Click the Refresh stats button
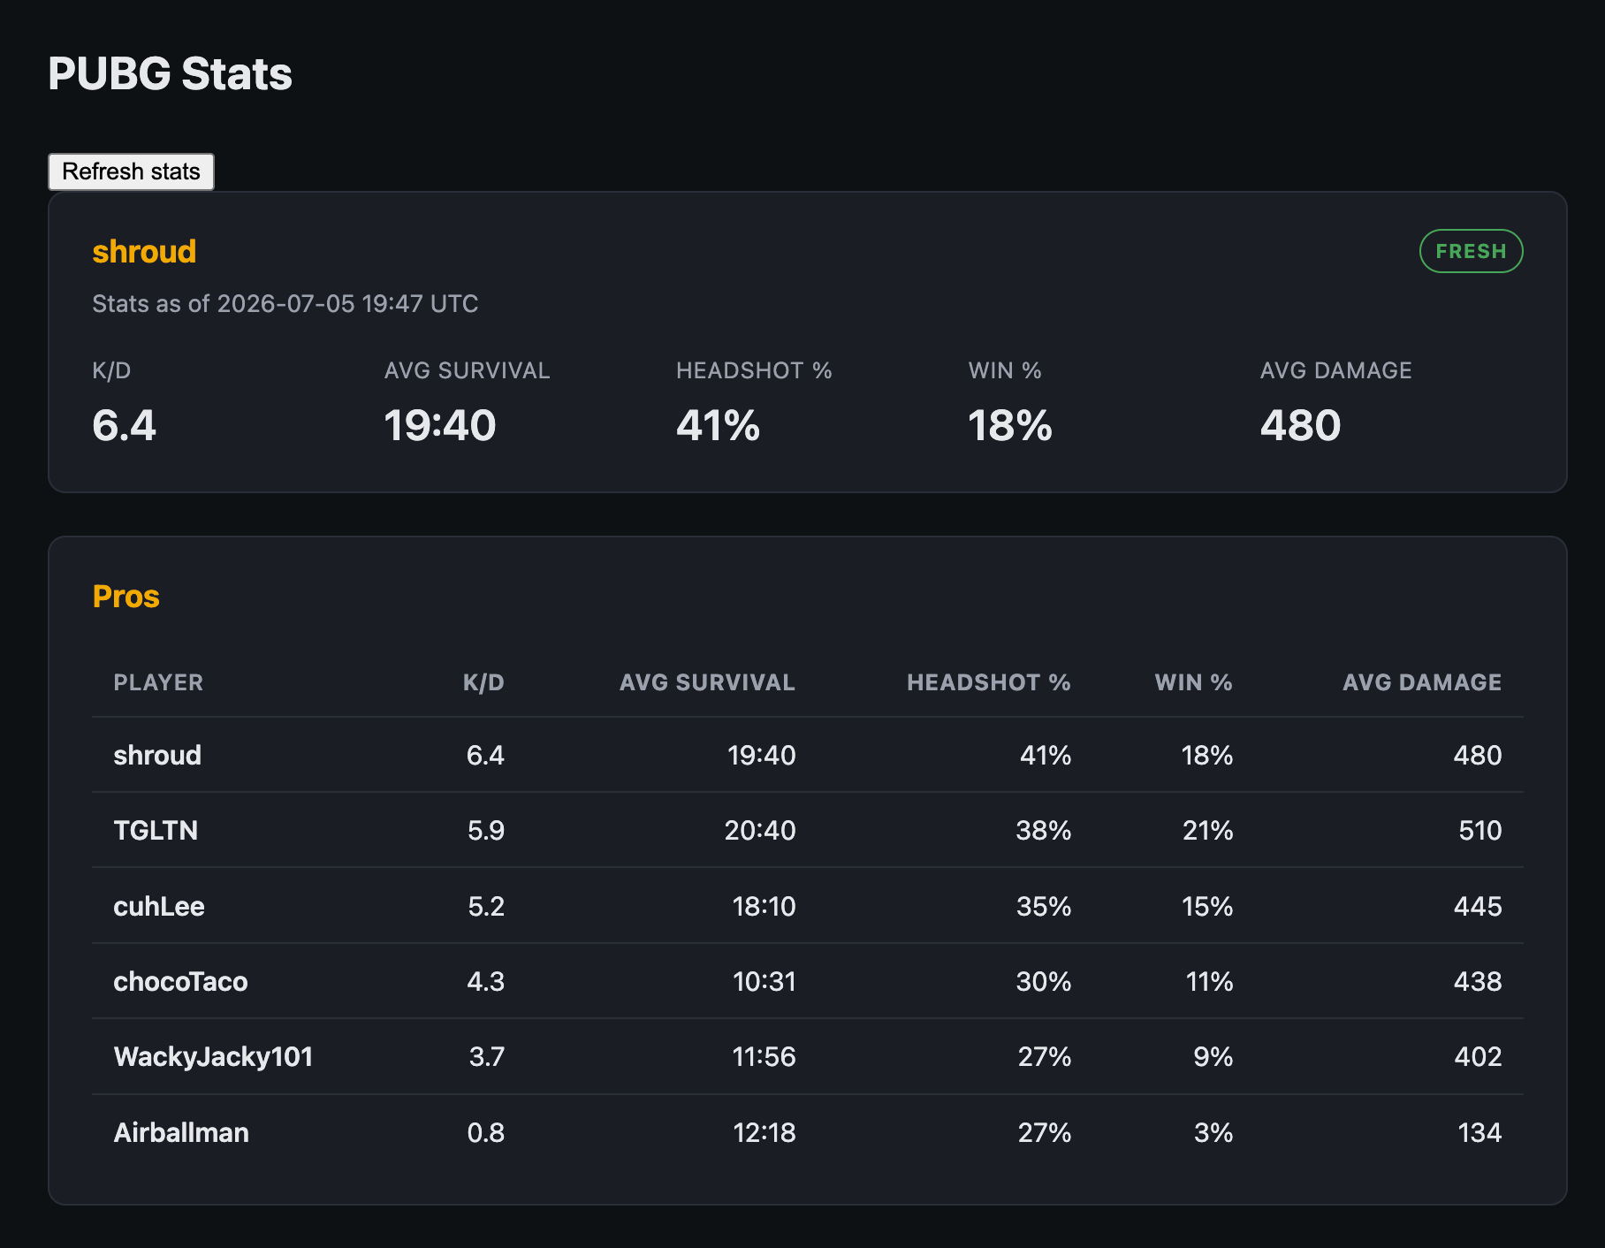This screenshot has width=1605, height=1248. click(131, 171)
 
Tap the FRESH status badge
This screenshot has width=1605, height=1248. click(1471, 251)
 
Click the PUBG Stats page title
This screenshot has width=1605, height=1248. click(170, 73)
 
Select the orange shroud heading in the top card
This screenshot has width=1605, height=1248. click(144, 251)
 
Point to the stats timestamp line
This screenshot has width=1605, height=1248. click(285, 304)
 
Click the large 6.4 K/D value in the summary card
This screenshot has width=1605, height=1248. click(124, 425)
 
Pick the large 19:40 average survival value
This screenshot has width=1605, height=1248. click(440, 425)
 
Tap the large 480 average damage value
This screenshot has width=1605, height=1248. click(1300, 425)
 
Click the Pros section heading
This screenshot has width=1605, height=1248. click(126, 597)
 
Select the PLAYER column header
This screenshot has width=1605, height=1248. click(158, 682)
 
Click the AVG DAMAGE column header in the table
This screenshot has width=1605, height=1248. click(1422, 682)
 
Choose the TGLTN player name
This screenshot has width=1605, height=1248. click(156, 830)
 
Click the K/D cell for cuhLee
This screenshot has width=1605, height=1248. click(486, 906)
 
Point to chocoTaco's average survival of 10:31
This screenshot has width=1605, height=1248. click(764, 981)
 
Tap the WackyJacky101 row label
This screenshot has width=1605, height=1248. click(213, 1056)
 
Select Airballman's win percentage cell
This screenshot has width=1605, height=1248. click(1213, 1132)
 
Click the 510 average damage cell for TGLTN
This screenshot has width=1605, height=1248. click(1480, 830)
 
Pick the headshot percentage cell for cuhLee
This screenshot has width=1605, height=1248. click(1044, 906)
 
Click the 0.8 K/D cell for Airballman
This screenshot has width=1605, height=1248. click(486, 1132)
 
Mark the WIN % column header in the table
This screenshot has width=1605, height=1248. click(1193, 682)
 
